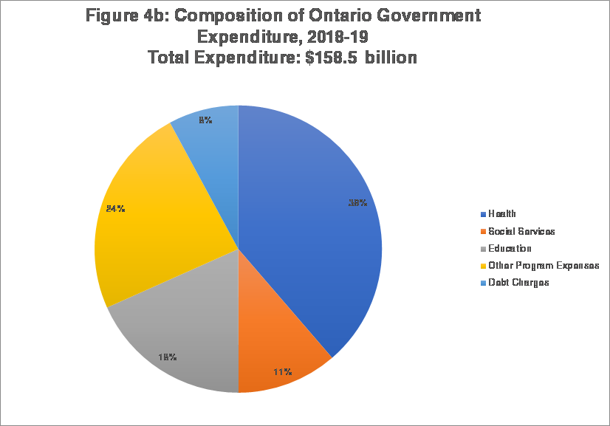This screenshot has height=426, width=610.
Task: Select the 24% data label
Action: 115,209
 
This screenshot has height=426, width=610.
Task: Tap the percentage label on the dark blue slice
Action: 358,203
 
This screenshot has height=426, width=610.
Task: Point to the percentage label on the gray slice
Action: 167,357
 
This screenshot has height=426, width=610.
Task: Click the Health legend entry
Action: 502,214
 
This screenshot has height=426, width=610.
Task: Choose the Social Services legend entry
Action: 521,231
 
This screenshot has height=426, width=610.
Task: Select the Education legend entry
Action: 510,249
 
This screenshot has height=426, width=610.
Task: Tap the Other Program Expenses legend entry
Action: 543,266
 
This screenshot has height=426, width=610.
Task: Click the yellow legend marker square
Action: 483,266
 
